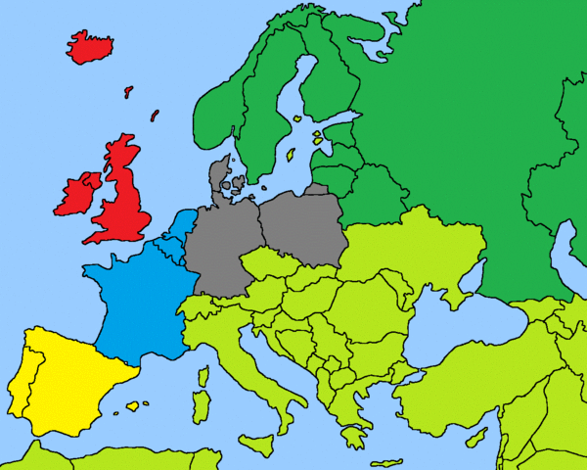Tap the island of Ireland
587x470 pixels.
(x=78, y=195)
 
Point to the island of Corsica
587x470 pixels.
(x=203, y=376)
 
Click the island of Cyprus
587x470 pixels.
(x=476, y=438)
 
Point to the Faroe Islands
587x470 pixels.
(x=128, y=91)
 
